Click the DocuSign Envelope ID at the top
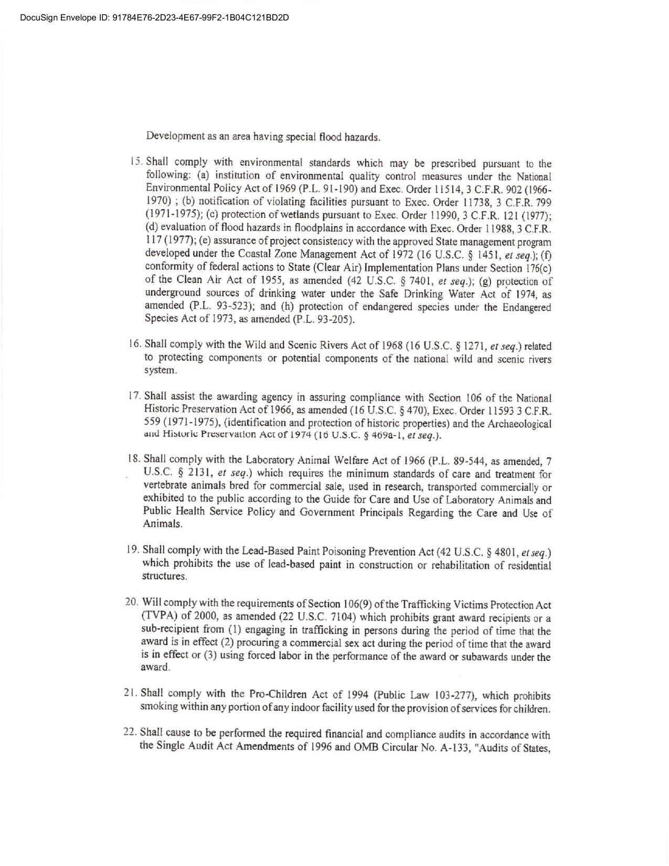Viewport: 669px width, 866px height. click(x=154, y=17)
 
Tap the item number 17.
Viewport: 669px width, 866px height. click(x=134, y=396)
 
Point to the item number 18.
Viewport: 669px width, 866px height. click(x=134, y=459)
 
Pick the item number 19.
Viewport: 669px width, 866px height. click(x=133, y=550)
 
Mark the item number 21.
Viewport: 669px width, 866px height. click(x=131, y=693)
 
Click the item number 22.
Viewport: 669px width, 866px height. click(x=130, y=732)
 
